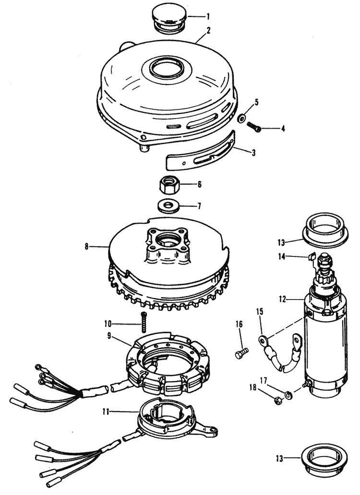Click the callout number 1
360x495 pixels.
click(208, 16)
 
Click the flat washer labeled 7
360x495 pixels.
click(168, 206)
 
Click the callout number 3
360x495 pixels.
click(253, 153)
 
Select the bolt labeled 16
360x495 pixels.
click(242, 352)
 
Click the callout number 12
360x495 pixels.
click(282, 299)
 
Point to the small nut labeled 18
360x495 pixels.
click(277, 401)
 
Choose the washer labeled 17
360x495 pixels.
click(288, 395)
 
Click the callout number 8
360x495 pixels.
click(87, 246)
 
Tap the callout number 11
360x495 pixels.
click(106, 411)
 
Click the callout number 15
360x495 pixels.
click(260, 312)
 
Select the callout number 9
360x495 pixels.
click(109, 336)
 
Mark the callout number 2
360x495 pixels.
click(208, 30)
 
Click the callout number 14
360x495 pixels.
click(281, 256)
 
